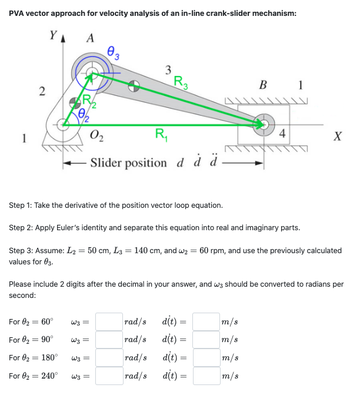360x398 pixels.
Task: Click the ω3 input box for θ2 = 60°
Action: pos(109,321)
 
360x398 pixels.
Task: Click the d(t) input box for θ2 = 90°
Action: pos(205,340)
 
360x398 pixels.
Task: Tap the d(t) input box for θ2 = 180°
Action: pos(205,357)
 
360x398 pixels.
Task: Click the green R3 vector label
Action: pos(182,82)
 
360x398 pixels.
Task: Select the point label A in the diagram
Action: pos(90,39)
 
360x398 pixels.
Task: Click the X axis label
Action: pos(337,137)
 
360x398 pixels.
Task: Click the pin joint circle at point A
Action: pos(91,74)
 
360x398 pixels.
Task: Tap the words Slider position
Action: pos(128,162)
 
